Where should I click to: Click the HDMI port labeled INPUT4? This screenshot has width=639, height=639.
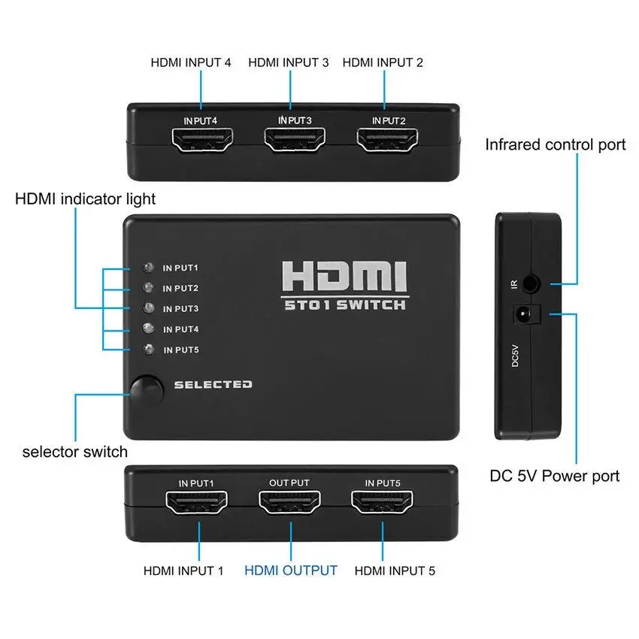click(x=201, y=141)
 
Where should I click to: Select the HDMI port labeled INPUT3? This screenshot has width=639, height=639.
click(x=294, y=141)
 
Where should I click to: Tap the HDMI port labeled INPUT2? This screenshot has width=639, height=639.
click(x=388, y=141)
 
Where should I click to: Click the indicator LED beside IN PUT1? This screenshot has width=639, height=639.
click(x=149, y=268)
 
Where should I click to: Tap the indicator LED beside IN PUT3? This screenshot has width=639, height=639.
click(x=149, y=308)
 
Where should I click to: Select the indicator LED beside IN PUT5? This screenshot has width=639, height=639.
click(x=149, y=349)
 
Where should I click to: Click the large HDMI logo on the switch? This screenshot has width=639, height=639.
click(x=344, y=277)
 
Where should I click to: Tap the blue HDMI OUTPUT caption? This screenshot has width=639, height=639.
click(x=290, y=571)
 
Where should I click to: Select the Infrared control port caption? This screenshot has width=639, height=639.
click(x=555, y=144)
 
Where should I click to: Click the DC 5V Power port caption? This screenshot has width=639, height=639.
click(x=555, y=476)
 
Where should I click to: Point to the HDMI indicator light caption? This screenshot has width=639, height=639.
click(x=86, y=199)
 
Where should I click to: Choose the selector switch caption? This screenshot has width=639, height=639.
click(x=74, y=452)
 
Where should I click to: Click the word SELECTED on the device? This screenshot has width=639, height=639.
click(x=213, y=384)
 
